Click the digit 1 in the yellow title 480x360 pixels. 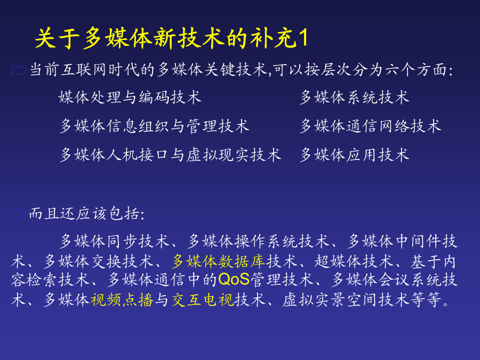[x=303, y=38]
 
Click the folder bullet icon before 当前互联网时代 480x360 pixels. [x=18, y=70]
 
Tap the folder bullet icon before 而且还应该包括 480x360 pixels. [x=18, y=214]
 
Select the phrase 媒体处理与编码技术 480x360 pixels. [x=130, y=98]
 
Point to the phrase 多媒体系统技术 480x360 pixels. [x=355, y=98]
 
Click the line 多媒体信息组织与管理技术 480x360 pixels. [x=155, y=126]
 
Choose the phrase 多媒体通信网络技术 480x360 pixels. [x=371, y=126]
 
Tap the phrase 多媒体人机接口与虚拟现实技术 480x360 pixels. [x=171, y=155]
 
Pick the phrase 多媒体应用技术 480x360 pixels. [x=355, y=155]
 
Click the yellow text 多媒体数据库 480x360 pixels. [x=218, y=261]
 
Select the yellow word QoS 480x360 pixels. [x=234, y=279]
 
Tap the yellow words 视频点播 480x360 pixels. [x=122, y=300]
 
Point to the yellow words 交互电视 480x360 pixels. [x=203, y=300]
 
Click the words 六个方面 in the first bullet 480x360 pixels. [x=417, y=70]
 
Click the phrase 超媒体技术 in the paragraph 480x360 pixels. [x=353, y=261]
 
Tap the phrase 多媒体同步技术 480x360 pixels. [x=115, y=242]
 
